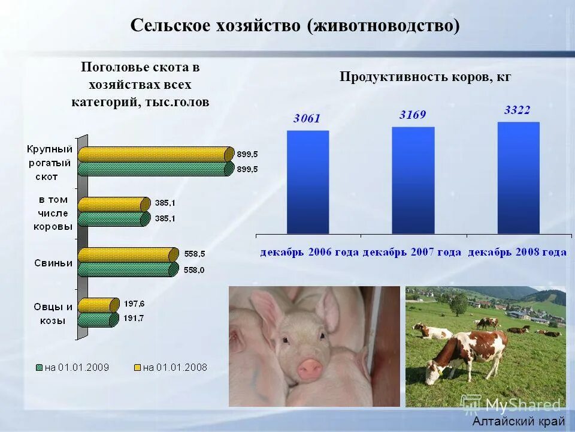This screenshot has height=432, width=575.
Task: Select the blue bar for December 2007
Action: click(x=413, y=180)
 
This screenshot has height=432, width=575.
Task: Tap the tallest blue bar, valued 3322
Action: click(x=518, y=178)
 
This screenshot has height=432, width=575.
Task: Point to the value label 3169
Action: click(x=413, y=115)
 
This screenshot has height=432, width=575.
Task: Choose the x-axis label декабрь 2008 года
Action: click(x=517, y=252)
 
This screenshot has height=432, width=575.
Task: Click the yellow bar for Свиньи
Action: click(x=128, y=255)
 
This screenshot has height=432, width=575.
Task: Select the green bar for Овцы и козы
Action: click(x=96, y=320)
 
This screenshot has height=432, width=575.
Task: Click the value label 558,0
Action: click(x=193, y=271)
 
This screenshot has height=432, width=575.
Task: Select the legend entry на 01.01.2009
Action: click(x=72, y=367)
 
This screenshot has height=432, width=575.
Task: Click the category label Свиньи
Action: click(x=53, y=262)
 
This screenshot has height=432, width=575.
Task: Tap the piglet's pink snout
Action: click(x=310, y=368)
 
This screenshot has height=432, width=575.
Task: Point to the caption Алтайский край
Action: click(x=518, y=421)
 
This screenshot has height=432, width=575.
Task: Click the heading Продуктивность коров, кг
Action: click(x=425, y=77)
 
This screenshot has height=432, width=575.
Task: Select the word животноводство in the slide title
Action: click(x=384, y=26)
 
